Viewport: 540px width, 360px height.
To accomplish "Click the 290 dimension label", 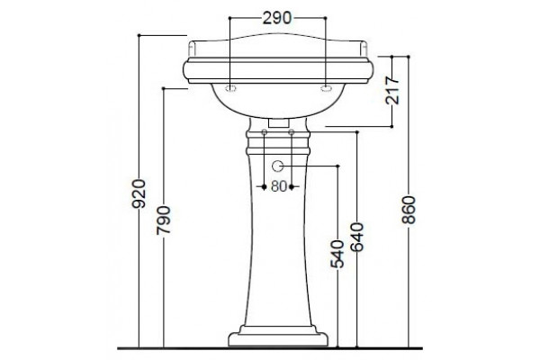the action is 277,18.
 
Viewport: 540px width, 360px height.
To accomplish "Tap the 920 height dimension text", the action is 139,193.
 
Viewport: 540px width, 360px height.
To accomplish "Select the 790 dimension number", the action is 164,220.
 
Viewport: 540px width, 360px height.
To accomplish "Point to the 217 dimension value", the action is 392,90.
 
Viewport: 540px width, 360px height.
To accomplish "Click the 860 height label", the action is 409,210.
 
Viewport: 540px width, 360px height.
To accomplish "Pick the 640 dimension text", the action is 356,237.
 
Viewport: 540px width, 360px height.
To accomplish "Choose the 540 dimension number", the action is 337,254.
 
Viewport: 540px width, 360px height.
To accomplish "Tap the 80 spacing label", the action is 279,186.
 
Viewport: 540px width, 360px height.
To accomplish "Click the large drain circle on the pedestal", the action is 277,166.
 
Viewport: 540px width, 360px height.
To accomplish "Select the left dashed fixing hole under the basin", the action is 230,88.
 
